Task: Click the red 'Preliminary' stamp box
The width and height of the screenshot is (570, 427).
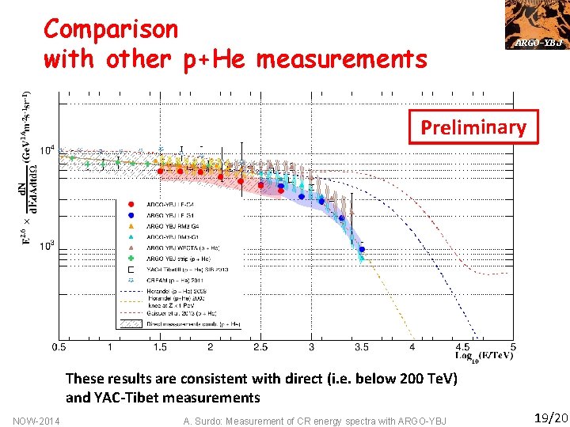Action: (473, 127)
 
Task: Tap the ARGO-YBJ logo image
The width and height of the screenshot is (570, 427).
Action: (537, 24)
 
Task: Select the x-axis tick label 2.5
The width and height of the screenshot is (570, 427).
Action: (260, 347)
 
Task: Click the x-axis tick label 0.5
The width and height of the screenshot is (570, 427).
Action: (59, 347)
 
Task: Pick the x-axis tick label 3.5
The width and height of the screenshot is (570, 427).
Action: (362, 347)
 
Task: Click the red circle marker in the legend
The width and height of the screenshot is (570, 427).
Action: (129, 203)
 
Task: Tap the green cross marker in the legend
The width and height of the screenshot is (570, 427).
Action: (129, 258)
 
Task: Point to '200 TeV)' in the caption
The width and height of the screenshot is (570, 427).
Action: (424, 379)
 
